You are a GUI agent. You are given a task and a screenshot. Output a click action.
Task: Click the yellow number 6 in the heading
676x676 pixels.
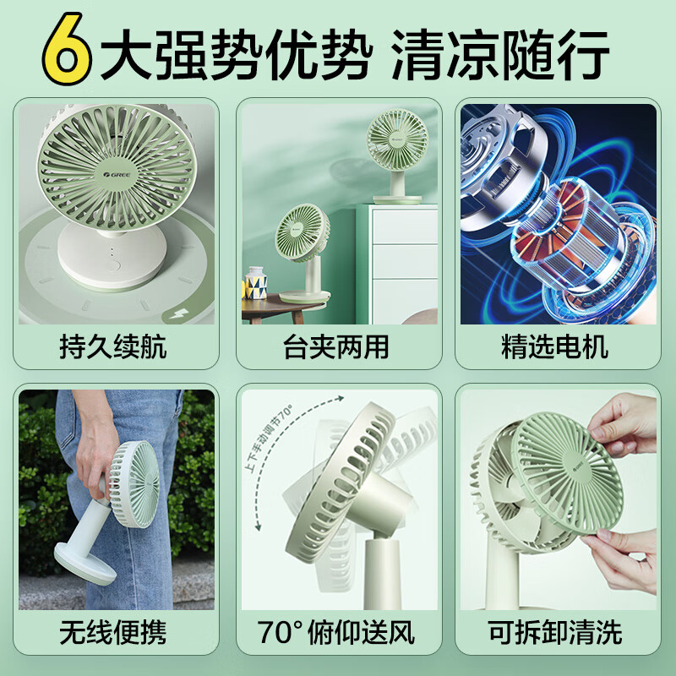(65, 52)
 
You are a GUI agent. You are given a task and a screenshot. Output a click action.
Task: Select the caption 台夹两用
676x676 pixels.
(336, 346)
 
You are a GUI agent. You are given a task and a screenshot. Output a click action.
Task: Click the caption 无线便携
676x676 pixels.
(113, 632)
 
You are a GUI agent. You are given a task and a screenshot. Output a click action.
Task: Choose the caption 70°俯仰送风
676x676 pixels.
(336, 632)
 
